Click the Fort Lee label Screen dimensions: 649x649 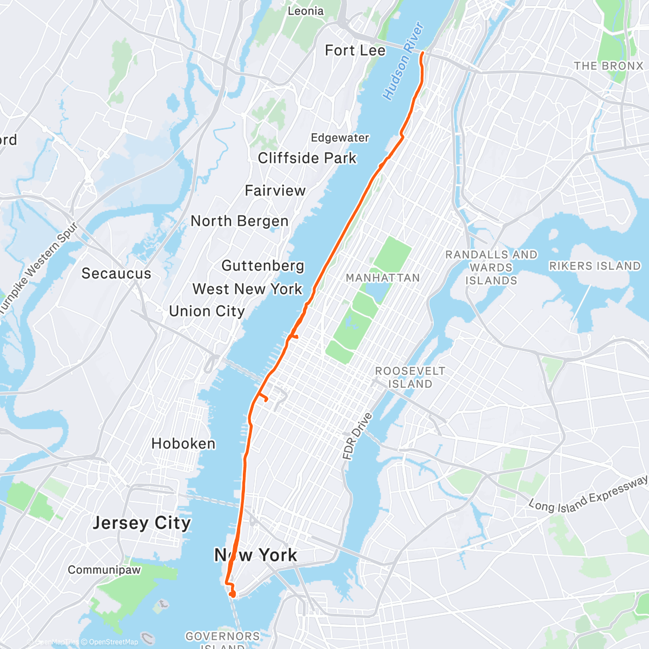pos(355,50)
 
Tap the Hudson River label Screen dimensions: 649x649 pos(403,61)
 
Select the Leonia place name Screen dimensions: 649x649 pos(306,11)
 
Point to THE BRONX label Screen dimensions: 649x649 pos(608,66)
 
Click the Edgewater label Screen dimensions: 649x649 pos(340,138)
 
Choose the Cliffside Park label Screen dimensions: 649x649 pos(307,158)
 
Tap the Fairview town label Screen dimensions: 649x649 pos(275,190)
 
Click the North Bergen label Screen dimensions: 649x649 pos(240,221)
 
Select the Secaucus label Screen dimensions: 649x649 pos(116,273)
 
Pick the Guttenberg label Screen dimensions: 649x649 pos(263,266)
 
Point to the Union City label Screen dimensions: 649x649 pos(207,311)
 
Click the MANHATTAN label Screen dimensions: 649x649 pos(382,278)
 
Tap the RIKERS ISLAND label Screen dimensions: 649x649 pos(594,266)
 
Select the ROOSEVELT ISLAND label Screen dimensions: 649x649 pos(410,378)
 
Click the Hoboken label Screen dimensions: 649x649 pos(183,443)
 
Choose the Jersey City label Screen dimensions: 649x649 pos(142,523)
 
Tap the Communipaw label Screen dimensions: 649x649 pos(104,570)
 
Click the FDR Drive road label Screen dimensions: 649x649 pos(357,436)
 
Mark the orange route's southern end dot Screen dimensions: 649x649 pos(233,594)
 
